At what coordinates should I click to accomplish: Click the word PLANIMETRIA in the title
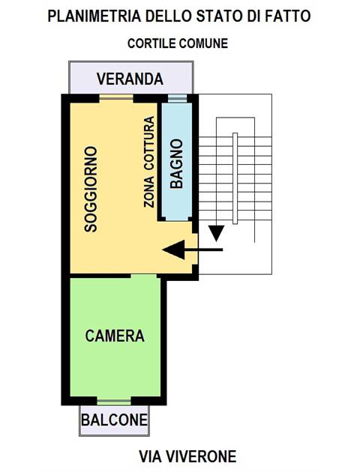[x=94, y=16]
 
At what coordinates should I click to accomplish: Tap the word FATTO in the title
[x=287, y=16]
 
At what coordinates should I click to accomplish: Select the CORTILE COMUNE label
[x=178, y=43]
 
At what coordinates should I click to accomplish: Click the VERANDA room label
[x=130, y=79]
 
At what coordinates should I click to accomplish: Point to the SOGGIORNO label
[x=91, y=189]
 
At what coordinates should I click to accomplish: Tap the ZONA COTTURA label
[x=149, y=162]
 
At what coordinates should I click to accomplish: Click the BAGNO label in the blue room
[x=176, y=164]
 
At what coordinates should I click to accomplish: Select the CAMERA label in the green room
[x=115, y=336]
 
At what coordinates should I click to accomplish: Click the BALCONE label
[x=115, y=420]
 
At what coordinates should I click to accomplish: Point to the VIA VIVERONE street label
[x=187, y=456]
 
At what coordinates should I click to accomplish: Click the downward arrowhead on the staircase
[x=216, y=233]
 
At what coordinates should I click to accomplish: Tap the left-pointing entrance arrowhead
[x=174, y=249]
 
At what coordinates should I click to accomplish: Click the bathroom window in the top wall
[x=177, y=98]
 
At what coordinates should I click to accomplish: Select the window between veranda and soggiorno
[x=116, y=97]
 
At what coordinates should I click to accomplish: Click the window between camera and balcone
[x=114, y=402]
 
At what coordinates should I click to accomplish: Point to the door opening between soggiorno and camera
[x=144, y=276]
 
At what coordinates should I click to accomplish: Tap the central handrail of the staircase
[x=235, y=178]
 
